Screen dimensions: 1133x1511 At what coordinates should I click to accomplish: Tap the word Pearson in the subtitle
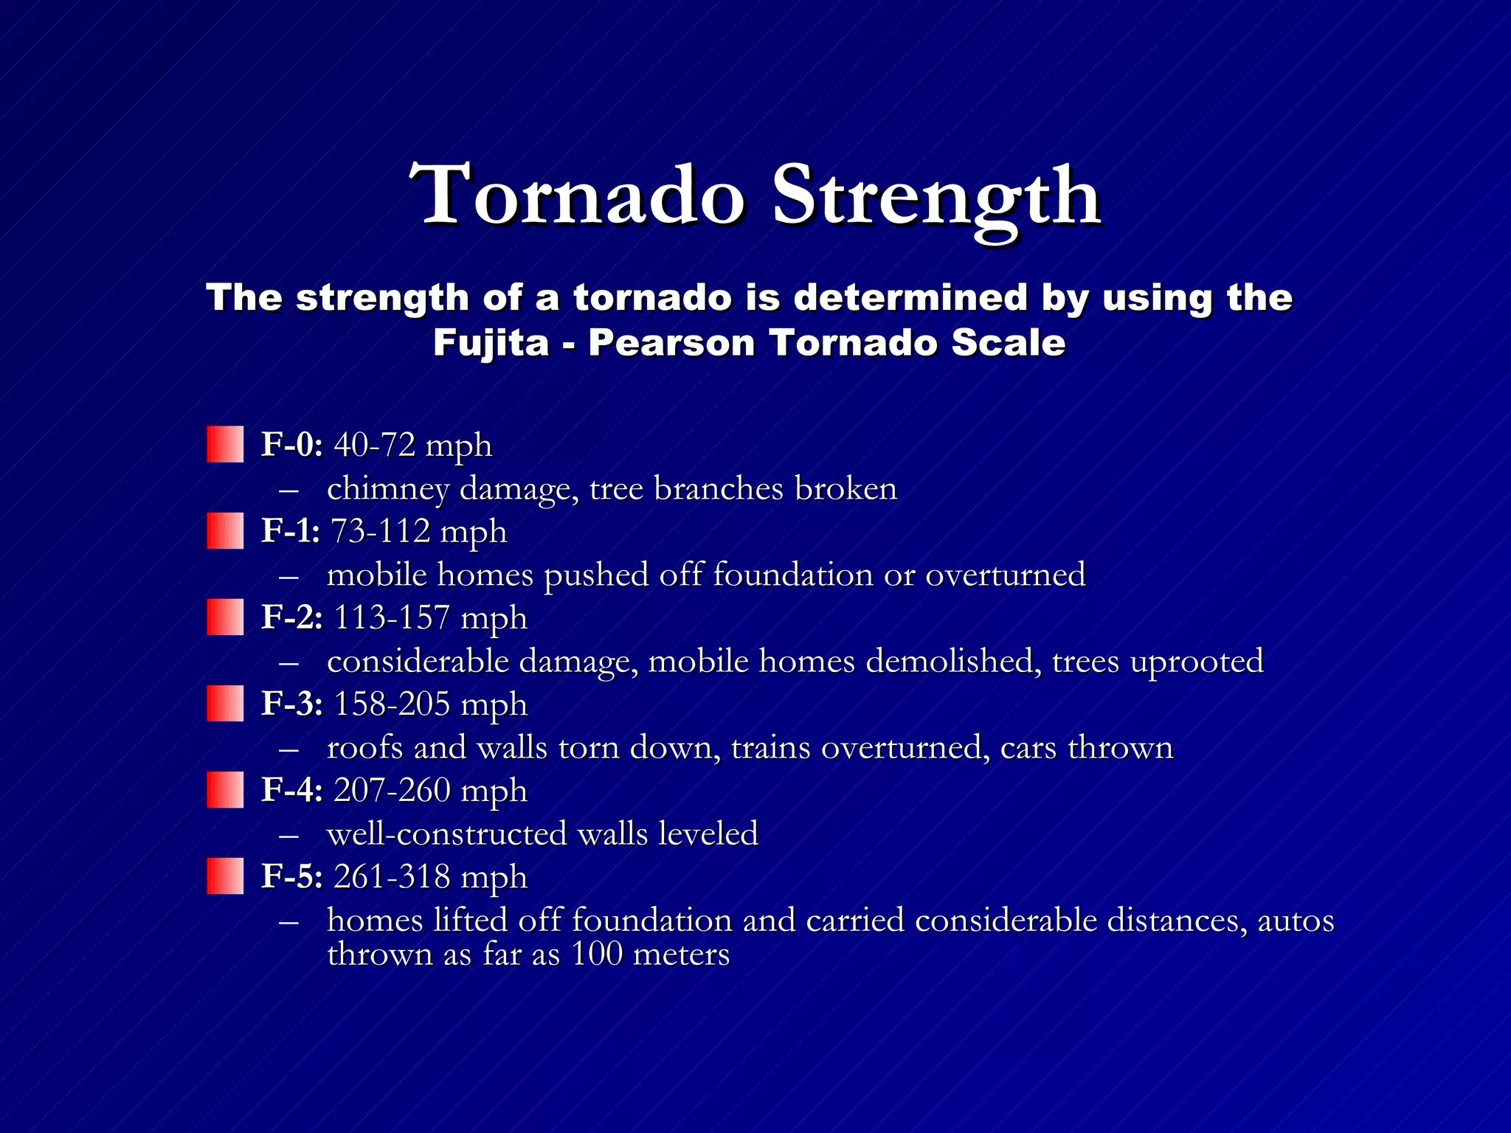671,344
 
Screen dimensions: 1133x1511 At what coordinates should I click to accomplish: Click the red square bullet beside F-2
225,617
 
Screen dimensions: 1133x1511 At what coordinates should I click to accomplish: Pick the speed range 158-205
392,704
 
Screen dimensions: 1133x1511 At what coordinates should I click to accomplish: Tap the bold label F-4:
292,791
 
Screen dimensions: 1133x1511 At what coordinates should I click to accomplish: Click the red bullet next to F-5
225,876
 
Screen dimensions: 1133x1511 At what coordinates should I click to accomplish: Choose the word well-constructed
446,834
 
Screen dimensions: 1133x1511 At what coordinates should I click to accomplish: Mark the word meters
682,954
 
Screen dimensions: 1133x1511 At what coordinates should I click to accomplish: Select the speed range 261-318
392,877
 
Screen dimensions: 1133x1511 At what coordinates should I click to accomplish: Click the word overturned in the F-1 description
1005,575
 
